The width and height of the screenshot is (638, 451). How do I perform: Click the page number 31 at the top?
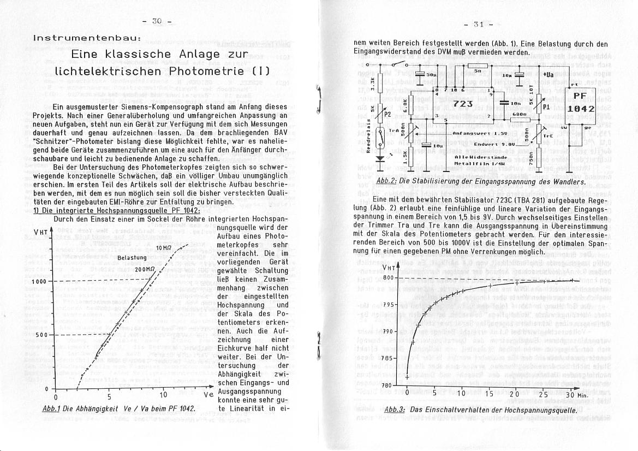(479, 25)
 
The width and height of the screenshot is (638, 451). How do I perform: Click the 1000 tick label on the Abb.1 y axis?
(40, 281)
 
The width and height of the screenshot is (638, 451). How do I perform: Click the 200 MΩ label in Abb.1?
(144, 270)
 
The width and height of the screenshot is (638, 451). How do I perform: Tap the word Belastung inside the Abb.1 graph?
(132, 257)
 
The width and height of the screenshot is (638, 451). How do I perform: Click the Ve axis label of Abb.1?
(208, 395)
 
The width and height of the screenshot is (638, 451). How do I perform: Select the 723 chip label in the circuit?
(462, 103)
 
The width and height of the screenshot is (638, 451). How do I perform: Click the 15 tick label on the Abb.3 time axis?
(488, 394)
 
